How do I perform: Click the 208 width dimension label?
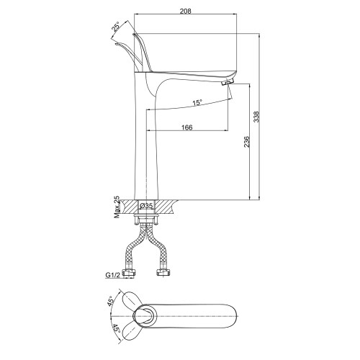185,11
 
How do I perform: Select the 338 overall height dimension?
256,117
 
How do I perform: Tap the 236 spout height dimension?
246,142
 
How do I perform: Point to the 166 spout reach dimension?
186,127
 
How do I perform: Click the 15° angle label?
197,103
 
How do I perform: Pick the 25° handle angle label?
115,27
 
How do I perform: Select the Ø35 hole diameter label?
146,206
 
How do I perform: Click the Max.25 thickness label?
117,207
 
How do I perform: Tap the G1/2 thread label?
112,275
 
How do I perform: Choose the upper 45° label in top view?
110,301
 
